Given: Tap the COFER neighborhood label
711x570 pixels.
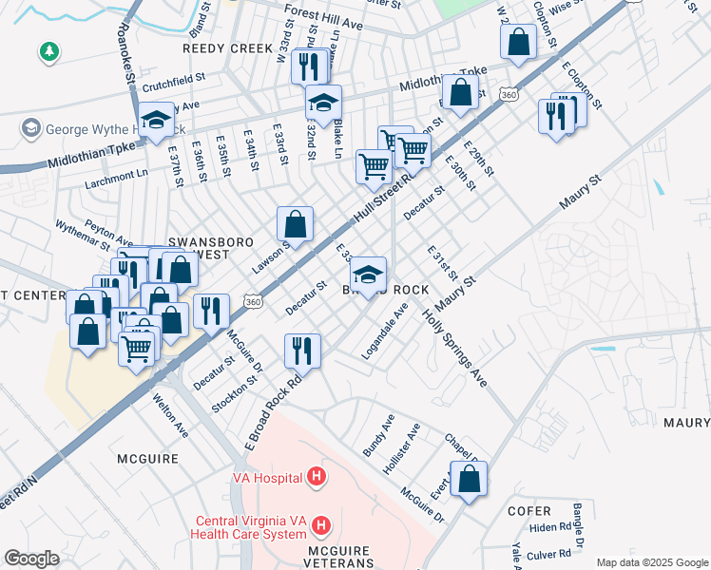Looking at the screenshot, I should click(529, 510).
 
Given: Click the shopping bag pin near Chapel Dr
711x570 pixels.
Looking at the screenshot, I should click(469, 480).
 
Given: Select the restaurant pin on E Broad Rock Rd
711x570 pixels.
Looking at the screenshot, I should click(302, 351).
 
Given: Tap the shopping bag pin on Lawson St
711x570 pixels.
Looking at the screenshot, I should click(296, 225).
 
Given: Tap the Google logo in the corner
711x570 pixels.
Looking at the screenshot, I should click(31, 559).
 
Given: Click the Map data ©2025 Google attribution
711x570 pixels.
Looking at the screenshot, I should click(651, 561).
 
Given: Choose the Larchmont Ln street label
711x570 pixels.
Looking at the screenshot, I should click(116, 174).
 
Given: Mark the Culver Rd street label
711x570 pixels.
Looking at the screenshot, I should click(547, 554).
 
